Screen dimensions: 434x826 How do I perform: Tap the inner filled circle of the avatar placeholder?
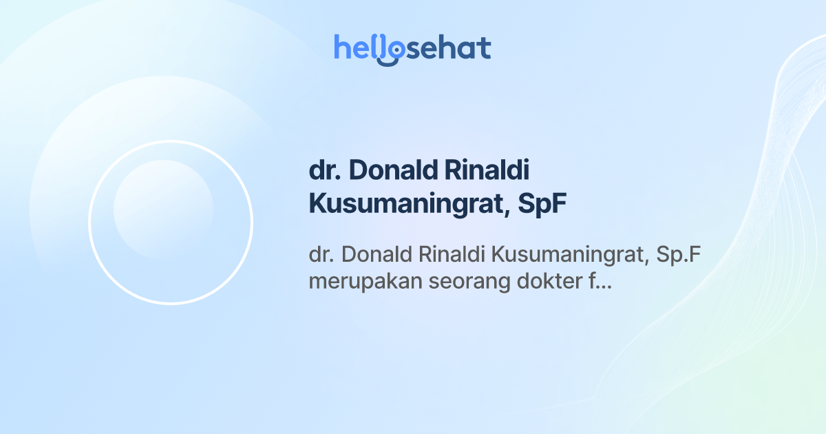point(163,209)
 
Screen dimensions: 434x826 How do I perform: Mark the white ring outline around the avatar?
point(89,222)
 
